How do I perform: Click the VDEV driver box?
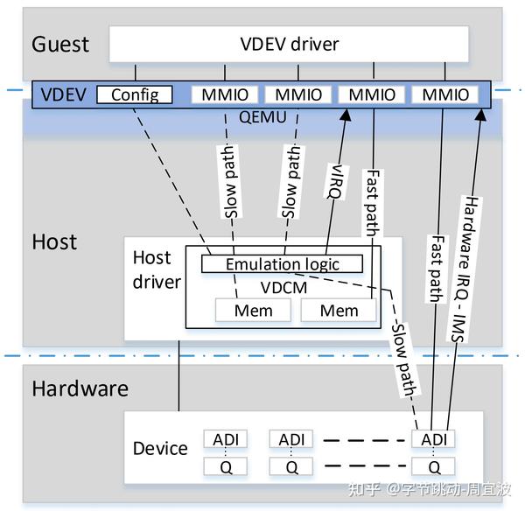tap(289, 44)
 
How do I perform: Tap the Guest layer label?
tap(62, 44)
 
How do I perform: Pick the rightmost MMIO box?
tap(447, 94)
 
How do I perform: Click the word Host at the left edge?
tap(55, 241)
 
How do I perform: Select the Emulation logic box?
tap(282, 264)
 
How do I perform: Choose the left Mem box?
tap(253, 311)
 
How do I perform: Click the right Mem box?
tap(339, 311)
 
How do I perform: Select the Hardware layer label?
tap(80, 388)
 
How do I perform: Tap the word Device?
tap(160, 449)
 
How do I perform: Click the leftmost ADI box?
tap(220, 438)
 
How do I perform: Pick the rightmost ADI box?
tap(434, 438)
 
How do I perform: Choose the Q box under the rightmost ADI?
tap(434, 466)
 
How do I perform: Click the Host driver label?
tap(157, 270)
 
